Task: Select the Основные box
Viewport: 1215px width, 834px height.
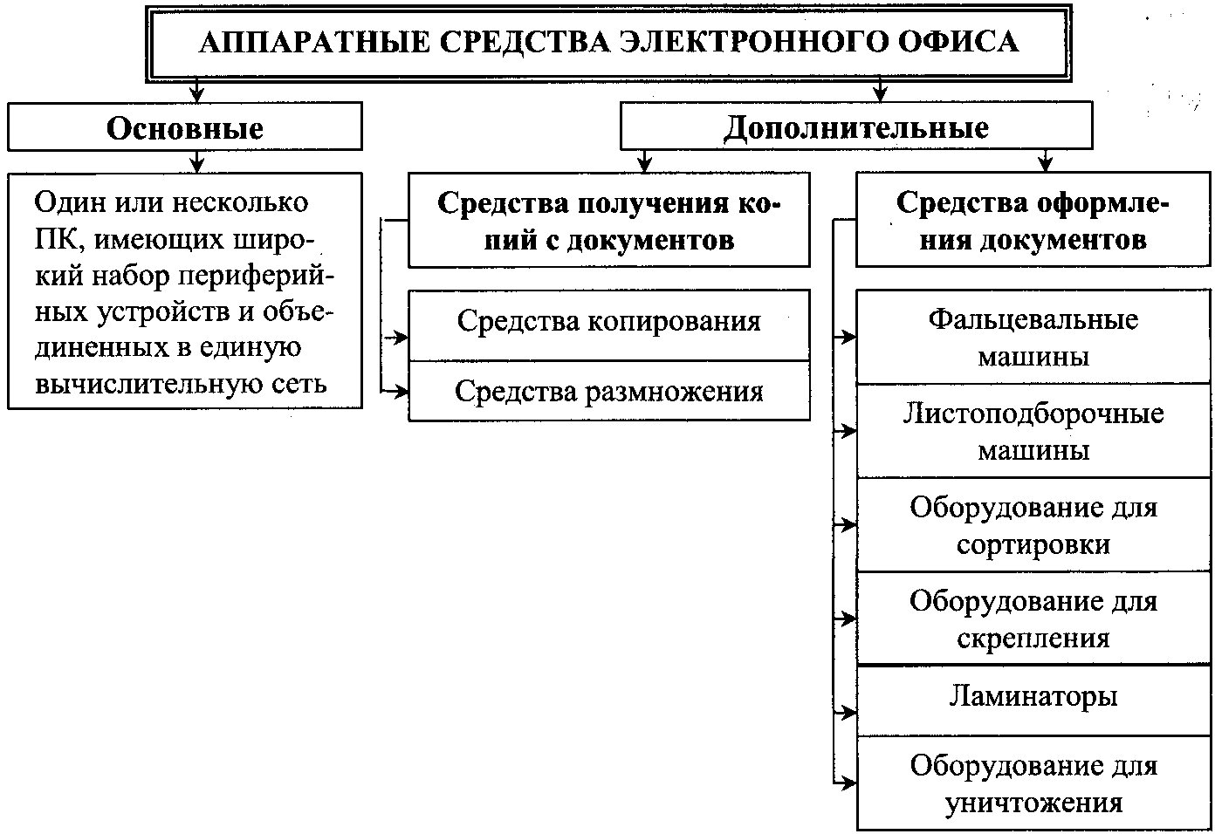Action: point(185,126)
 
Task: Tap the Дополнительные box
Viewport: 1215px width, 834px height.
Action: point(856,126)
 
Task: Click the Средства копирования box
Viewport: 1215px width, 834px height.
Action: point(608,325)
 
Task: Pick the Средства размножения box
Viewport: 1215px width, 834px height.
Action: point(608,391)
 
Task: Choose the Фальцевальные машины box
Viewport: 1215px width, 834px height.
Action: point(1033,338)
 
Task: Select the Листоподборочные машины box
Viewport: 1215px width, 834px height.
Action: point(1033,431)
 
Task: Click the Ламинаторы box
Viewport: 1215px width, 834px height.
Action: point(1033,701)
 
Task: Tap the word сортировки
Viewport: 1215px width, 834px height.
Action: point(1033,544)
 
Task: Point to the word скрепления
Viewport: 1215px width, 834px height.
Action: point(1033,639)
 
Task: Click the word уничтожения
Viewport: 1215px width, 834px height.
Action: point(1033,803)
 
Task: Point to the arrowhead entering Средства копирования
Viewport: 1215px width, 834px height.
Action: point(402,338)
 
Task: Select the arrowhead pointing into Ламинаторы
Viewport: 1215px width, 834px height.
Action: point(849,713)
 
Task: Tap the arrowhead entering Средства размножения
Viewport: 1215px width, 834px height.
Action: point(402,391)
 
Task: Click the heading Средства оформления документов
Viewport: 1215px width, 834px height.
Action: point(1033,221)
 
